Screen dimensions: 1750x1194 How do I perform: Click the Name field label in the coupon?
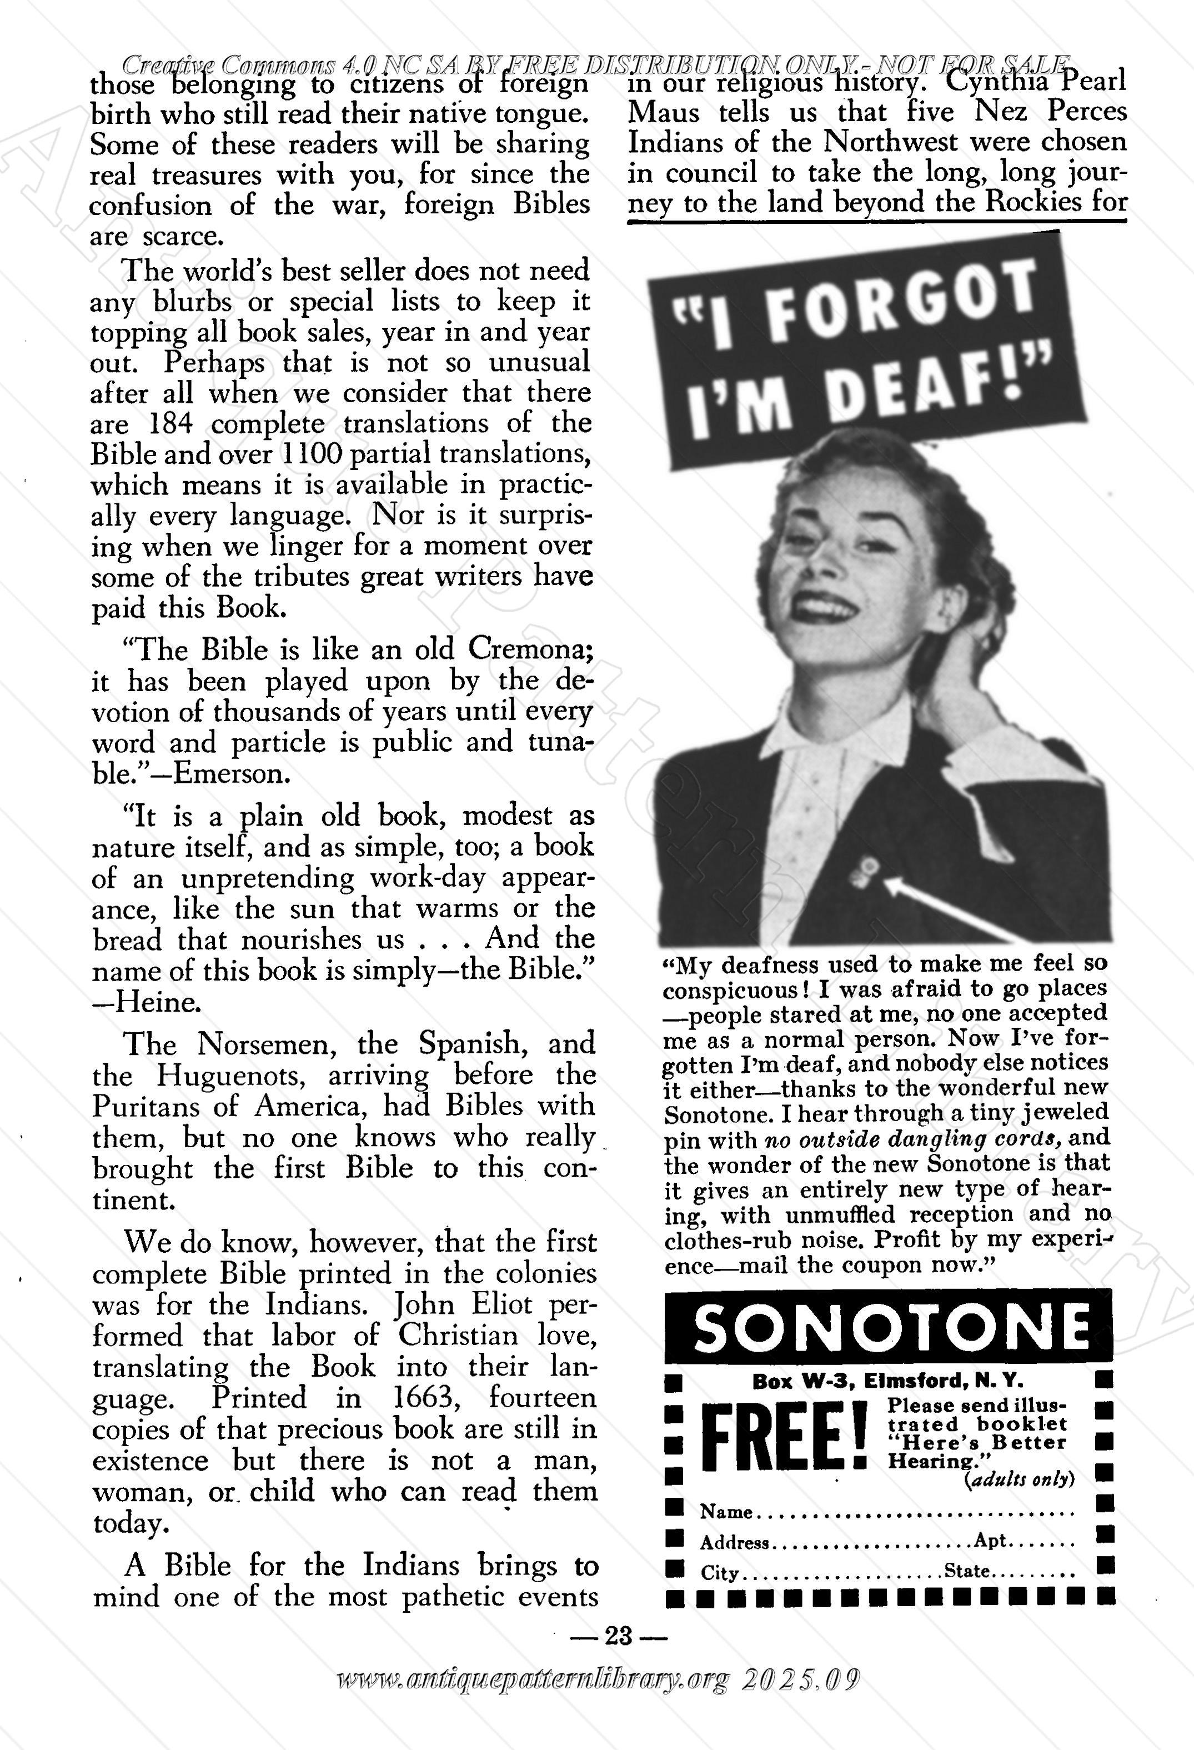[x=726, y=1512]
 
